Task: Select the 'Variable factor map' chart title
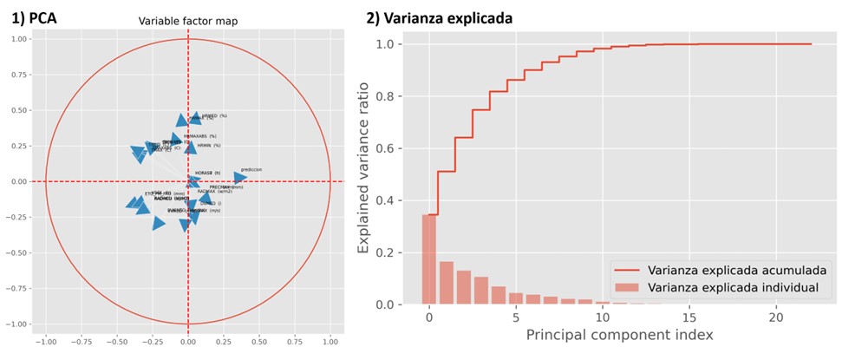coord(188,22)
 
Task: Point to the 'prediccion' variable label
coord(251,170)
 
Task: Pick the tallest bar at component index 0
coord(429,259)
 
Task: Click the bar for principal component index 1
coord(447,283)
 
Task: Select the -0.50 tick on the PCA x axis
coord(116,341)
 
